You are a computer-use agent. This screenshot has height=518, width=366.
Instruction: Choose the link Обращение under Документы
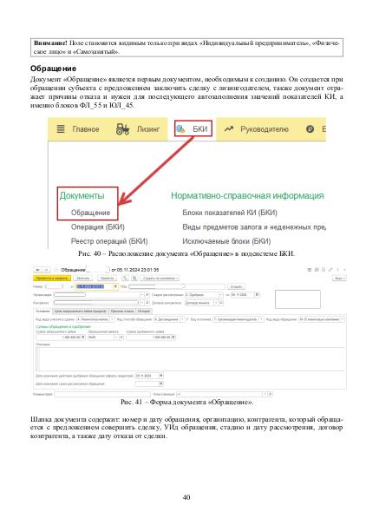click(x=89, y=211)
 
